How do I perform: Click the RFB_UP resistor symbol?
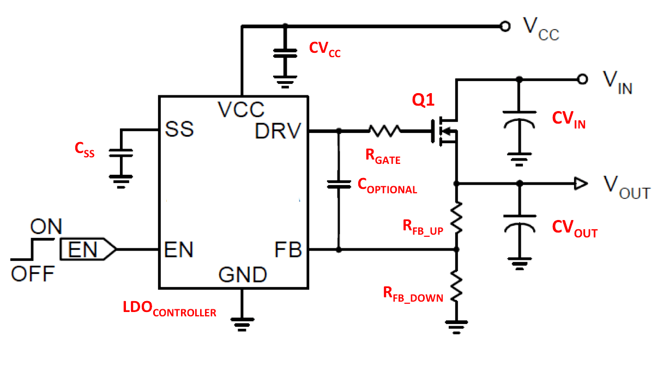click(x=457, y=218)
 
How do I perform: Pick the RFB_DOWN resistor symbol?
click(x=457, y=287)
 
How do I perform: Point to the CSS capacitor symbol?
click(x=121, y=154)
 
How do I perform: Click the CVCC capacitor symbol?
click(x=284, y=53)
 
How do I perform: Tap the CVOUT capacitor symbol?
click(x=519, y=228)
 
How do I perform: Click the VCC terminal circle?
click(x=505, y=26)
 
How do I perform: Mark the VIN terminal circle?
click(x=582, y=79)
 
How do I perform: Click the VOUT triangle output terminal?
click(x=581, y=183)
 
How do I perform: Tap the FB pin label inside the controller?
click(x=287, y=250)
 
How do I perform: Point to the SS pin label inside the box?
click(x=179, y=130)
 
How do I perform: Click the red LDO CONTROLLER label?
click(x=169, y=310)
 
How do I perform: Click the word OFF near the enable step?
click(x=33, y=274)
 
